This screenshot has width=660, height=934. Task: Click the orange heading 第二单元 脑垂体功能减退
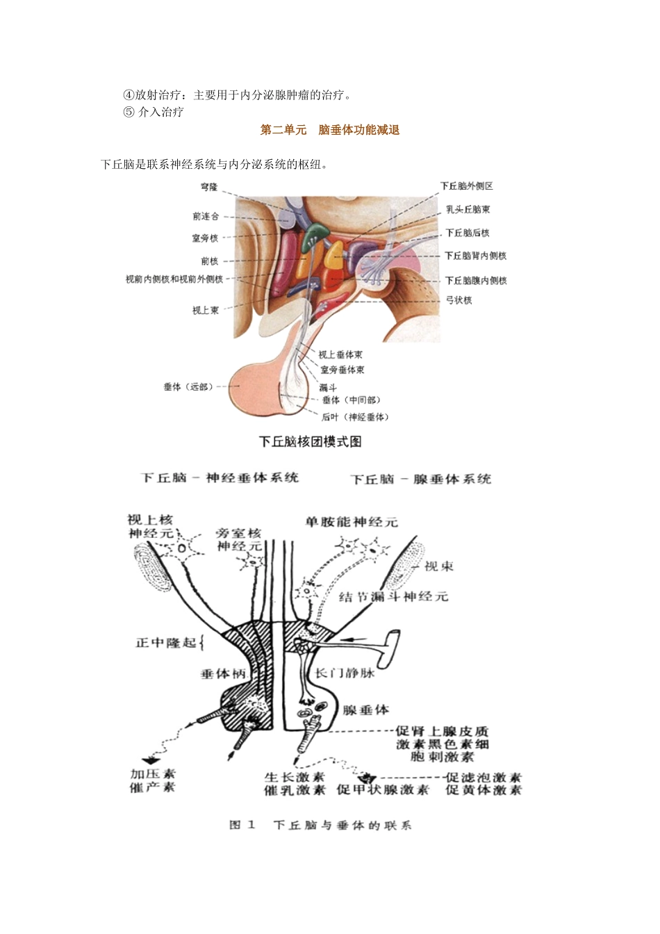(x=330, y=130)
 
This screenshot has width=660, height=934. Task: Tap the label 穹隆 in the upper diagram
(x=209, y=187)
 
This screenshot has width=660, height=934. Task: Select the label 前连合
(x=206, y=217)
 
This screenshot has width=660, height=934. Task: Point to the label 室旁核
(x=205, y=238)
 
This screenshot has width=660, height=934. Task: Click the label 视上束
(x=206, y=310)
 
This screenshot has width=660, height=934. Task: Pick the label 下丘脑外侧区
(x=467, y=186)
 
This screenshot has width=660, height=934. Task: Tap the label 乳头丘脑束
(x=468, y=209)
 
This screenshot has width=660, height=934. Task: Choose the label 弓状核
(x=459, y=300)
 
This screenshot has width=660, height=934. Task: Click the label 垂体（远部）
(x=188, y=386)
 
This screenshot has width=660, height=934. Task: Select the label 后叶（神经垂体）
(x=355, y=417)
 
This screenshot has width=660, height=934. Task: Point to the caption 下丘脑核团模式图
(x=311, y=442)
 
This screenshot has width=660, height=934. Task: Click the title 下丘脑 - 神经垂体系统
(x=220, y=478)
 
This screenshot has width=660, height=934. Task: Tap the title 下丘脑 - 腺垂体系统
(x=421, y=480)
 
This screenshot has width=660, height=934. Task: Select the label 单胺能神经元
(x=352, y=522)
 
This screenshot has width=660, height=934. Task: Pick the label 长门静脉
(x=345, y=673)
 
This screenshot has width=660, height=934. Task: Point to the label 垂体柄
(x=224, y=674)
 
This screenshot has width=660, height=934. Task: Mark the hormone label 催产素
(x=153, y=787)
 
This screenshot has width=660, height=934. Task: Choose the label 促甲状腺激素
(x=383, y=790)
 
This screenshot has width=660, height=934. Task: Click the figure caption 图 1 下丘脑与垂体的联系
(x=320, y=826)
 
